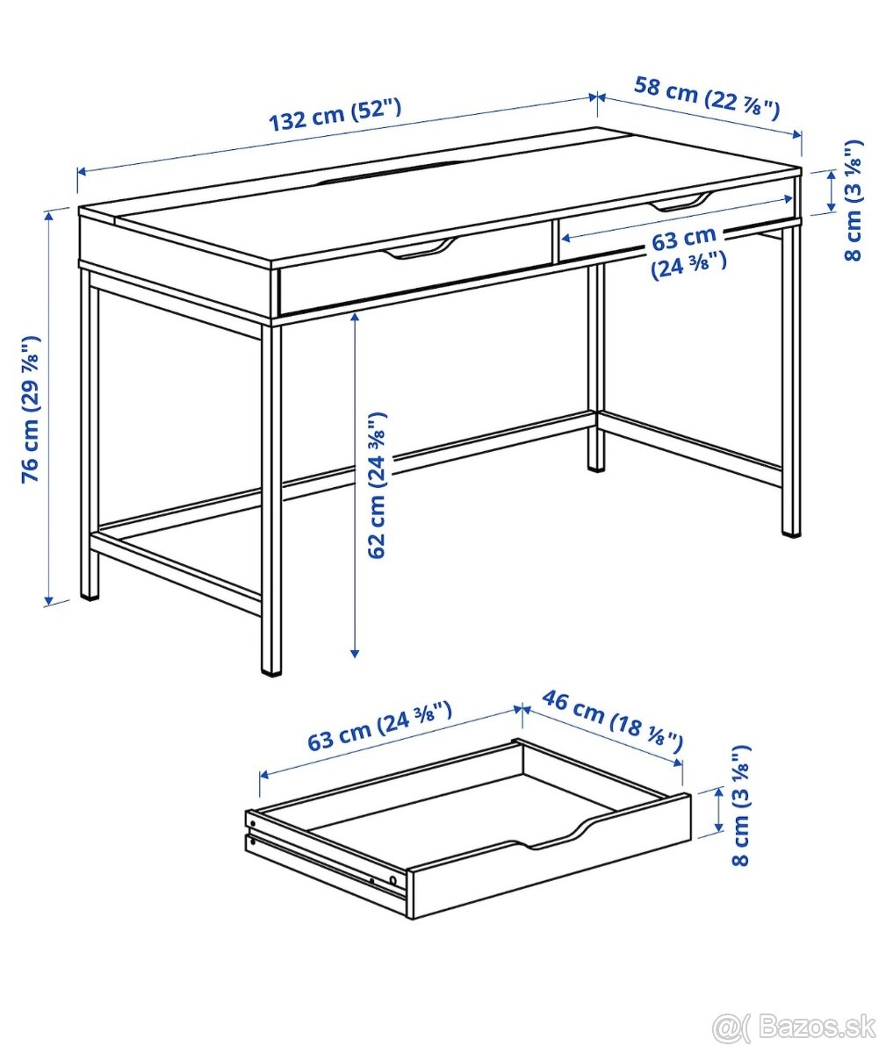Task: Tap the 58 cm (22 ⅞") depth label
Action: (x=707, y=97)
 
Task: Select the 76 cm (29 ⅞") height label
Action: (x=31, y=409)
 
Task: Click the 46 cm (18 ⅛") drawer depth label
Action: (x=612, y=721)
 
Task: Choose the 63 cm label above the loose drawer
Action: (x=379, y=727)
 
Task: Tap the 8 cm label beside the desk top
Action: (x=853, y=200)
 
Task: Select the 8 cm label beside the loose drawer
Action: (x=742, y=806)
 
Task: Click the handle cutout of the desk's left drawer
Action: (x=420, y=250)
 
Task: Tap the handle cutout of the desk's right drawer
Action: (x=680, y=203)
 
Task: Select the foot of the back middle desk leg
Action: (x=596, y=464)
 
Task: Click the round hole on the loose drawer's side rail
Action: (x=393, y=878)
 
